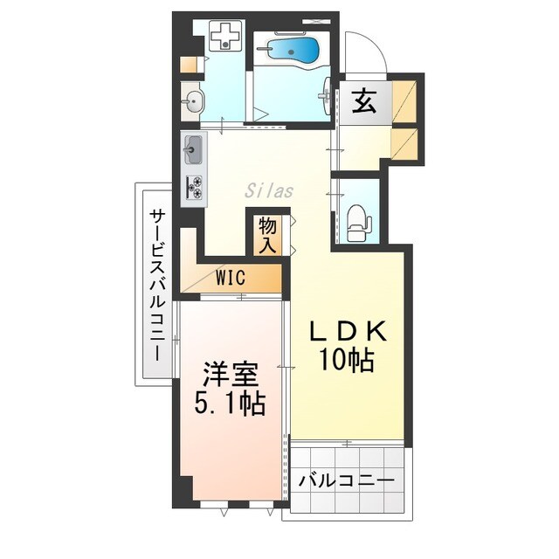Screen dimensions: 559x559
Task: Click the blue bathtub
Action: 293,50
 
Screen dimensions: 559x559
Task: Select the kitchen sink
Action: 193,149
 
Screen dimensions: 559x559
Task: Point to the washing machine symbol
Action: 225,36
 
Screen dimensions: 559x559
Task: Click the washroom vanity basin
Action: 192,100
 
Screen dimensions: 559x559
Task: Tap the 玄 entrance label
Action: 364,101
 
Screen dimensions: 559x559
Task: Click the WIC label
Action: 231,277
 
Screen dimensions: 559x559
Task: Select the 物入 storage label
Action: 267,235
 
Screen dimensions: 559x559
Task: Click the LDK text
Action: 348,332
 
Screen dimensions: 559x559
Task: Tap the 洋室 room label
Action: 231,376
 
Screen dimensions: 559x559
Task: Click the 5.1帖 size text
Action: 230,404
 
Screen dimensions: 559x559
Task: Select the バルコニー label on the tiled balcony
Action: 347,481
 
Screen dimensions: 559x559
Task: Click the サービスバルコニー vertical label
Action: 157,286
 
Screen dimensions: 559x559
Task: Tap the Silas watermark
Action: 269,190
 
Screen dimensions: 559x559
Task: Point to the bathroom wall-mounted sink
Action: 327,96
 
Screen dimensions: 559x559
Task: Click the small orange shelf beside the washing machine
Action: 189,65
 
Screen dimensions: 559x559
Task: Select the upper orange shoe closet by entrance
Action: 404,102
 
